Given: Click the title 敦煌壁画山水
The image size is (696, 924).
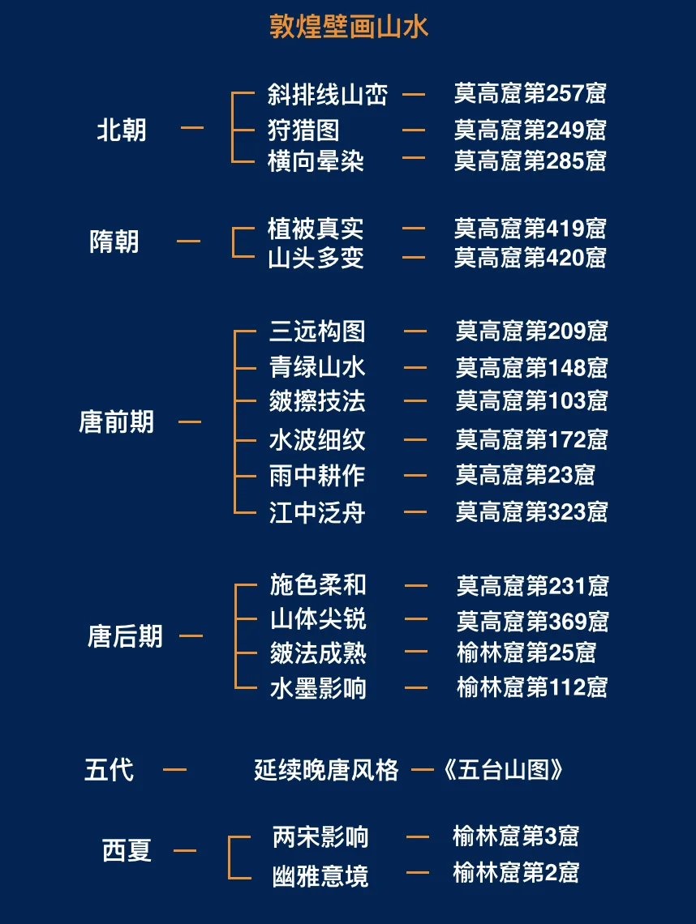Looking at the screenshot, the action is (x=348, y=27).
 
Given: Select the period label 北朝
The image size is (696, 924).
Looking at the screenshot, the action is (x=122, y=130).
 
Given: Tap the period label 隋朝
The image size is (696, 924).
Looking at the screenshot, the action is (x=114, y=242).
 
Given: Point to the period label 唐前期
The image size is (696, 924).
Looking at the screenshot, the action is (x=116, y=421).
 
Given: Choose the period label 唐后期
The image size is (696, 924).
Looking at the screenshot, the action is (x=125, y=636).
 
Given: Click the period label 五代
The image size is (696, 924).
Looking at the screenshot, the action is (x=110, y=769).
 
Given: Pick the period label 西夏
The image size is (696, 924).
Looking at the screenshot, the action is (x=127, y=851).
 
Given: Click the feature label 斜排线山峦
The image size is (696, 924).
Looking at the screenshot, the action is (x=328, y=95).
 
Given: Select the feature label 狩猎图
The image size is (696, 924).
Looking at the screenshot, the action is (x=303, y=130).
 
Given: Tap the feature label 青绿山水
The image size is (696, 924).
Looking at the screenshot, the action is (x=317, y=367).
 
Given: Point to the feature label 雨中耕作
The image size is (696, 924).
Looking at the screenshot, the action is (x=317, y=475).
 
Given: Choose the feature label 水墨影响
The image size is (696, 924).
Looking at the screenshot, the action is (x=318, y=688).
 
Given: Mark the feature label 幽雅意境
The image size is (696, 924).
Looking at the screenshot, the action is (x=320, y=875).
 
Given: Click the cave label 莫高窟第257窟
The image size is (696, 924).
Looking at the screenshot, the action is (x=531, y=94).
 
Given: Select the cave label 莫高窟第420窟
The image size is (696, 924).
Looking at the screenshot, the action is (x=531, y=258).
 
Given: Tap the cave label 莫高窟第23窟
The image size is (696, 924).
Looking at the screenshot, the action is (x=525, y=475).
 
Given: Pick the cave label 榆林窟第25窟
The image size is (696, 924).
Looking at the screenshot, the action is (x=526, y=652).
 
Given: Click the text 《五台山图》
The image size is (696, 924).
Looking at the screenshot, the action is (x=503, y=769).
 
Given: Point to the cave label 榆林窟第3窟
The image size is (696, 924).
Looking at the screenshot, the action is (x=516, y=836).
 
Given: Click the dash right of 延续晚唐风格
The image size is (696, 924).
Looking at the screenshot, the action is (x=422, y=769).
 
